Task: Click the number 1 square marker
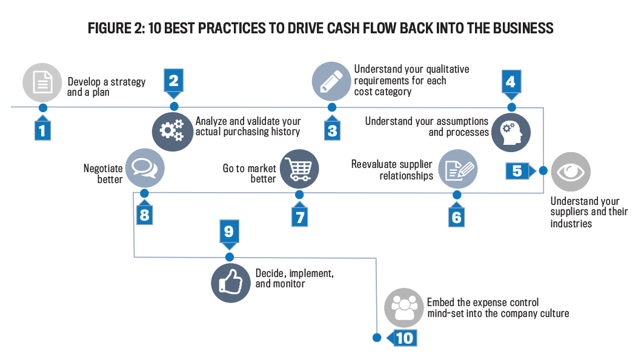(x=42, y=130)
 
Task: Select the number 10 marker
(x=404, y=338)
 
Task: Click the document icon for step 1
(x=42, y=83)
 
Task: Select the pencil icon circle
(x=331, y=82)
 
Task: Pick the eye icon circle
(x=570, y=172)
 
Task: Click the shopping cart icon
(x=299, y=169)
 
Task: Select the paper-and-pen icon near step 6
(x=457, y=169)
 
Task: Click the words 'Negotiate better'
(x=103, y=174)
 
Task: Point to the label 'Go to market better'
(x=250, y=173)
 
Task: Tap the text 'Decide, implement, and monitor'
(x=294, y=279)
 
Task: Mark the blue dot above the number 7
(x=299, y=195)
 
